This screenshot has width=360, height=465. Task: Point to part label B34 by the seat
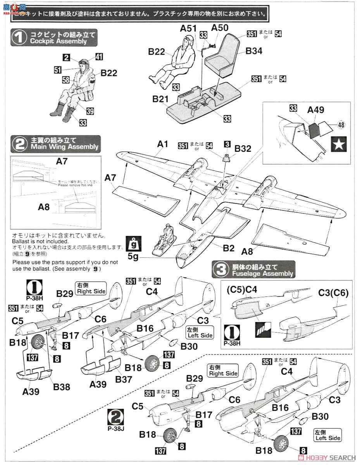[x=254, y=50]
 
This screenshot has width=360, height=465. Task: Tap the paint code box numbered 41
[x=99, y=57]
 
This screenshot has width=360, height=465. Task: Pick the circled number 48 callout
[x=341, y=125]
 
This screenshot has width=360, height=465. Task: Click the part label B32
[x=243, y=148]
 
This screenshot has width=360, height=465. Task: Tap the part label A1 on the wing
[x=163, y=144]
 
